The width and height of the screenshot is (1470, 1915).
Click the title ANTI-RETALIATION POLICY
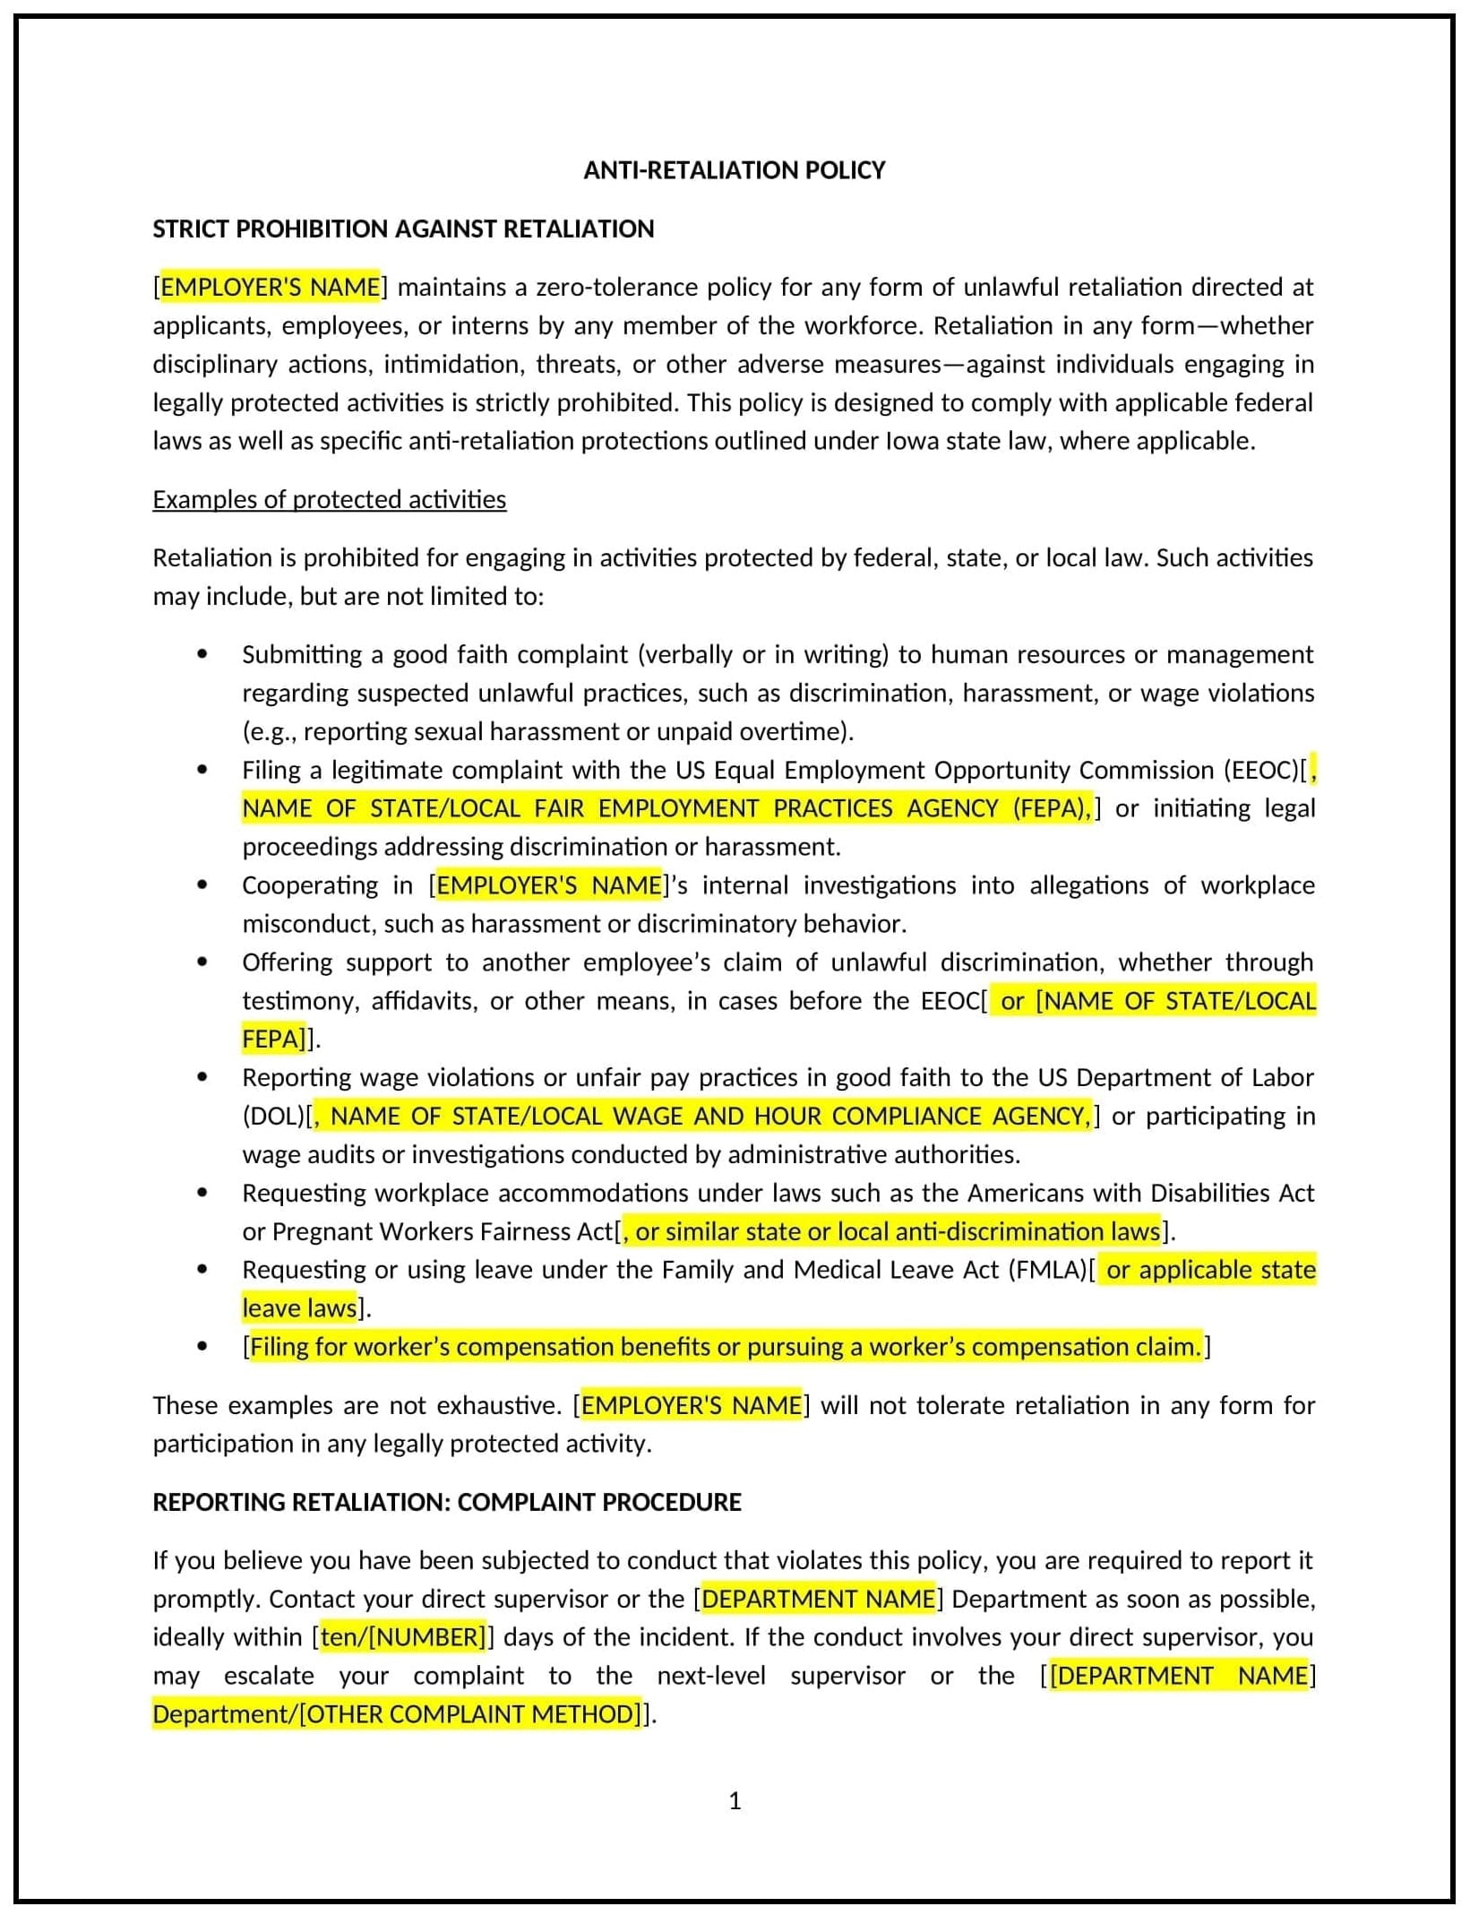click(x=734, y=170)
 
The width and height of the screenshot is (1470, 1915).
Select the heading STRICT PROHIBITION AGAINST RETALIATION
click(x=403, y=229)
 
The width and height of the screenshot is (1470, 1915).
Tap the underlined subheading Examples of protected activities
click(x=329, y=499)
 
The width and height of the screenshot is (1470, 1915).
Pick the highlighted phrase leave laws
click(x=300, y=1308)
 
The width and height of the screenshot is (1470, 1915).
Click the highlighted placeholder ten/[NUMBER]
click(x=402, y=1637)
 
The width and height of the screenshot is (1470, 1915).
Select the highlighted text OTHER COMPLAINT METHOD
click(x=470, y=1714)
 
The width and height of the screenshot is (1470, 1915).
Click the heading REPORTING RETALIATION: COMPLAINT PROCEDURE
click(x=447, y=1502)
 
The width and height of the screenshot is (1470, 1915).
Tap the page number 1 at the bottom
click(x=735, y=1800)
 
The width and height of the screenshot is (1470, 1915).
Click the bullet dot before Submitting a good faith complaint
click(x=202, y=655)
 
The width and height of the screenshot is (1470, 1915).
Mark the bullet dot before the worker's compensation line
click(x=202, y=1347)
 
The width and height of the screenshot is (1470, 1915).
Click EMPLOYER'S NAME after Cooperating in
click(x=548, y=885)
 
